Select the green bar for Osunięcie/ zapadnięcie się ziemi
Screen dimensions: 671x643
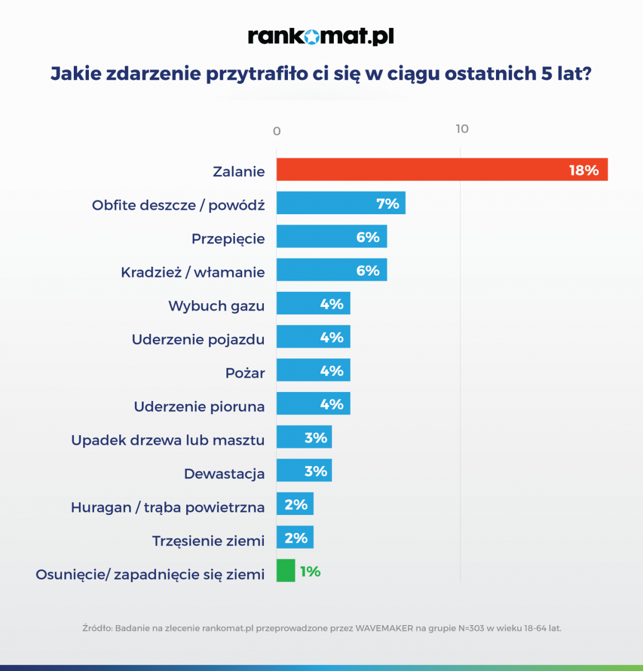tap(286, 571)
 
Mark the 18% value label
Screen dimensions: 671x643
tap(584, 170)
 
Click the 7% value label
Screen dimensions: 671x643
tap(387, 204)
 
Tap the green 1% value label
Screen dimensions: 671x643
tap(310, 571)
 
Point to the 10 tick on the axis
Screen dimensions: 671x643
tap(462, 129)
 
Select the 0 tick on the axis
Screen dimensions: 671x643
tap(277, 131)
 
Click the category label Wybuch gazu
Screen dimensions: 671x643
tap(216, 306)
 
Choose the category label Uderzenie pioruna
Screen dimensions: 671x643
tap(199, 407)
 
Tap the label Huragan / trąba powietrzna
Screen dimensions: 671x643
tap(168, 507)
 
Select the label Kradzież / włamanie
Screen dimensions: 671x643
tap(193, 272)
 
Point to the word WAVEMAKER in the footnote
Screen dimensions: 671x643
tap(384, 628)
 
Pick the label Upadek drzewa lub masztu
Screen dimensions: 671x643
tap(168, 440)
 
